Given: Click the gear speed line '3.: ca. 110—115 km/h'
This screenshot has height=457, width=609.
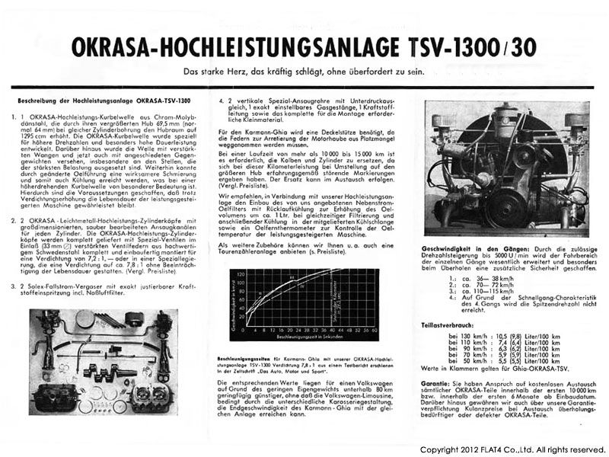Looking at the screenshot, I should [x=480, y=293].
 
